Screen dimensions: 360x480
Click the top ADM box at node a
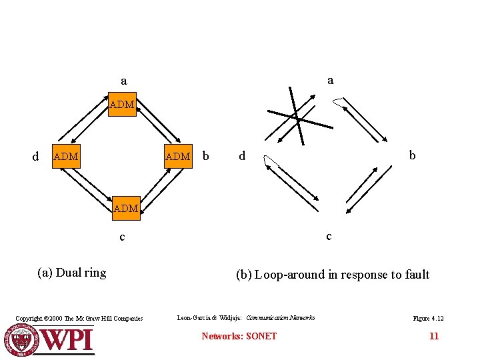[122, 105]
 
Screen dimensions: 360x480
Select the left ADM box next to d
[66, 157]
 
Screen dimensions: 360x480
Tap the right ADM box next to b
[178, 157]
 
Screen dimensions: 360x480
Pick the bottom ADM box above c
[125, 209]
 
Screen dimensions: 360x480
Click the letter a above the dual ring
[123, 81]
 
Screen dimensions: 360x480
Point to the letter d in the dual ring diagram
[36, 157]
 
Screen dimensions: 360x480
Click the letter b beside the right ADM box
[205, 156]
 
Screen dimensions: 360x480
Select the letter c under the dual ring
[121, 237]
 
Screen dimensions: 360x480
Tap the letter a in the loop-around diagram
[330, 80]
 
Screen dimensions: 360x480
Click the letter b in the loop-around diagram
[412, 155]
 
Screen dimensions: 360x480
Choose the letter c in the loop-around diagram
[328, 236]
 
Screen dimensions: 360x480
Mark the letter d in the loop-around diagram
[242, 156]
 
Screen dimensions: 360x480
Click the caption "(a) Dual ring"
[72, 272]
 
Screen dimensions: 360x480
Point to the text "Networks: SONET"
[239, 336]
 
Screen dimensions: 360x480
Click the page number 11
[433, 336]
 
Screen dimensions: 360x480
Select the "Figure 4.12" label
[428, 319]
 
